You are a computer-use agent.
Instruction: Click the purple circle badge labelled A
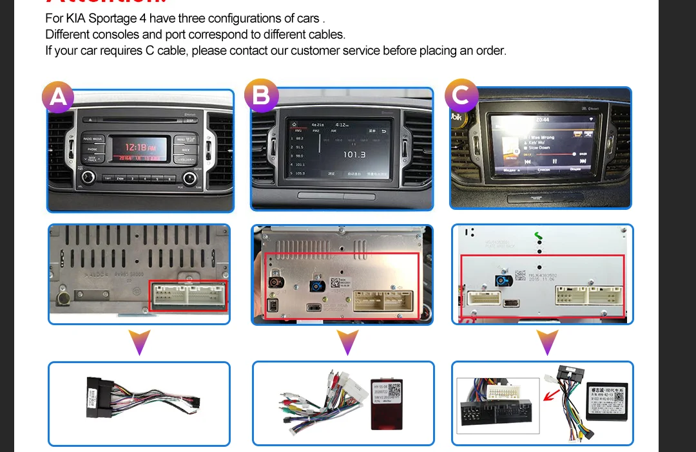pyautogui.click(x=58, y=97)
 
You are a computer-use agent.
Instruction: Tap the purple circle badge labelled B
pyautogui.click(x=261, y=96)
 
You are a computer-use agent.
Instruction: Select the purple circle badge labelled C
pyautogui.click(x=461, y=96)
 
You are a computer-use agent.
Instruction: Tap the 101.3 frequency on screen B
pyautogui.click(x=354, y=155)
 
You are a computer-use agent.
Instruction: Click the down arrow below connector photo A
pyautogui.click(x=140, y=342)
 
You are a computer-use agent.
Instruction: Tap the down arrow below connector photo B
pyautogui.click(x=347, y=342)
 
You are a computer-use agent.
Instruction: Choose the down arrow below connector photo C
pyautogui.click(x=547, y=342)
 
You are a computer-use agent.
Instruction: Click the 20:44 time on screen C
pyautogui.click(x=542, y=120)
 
